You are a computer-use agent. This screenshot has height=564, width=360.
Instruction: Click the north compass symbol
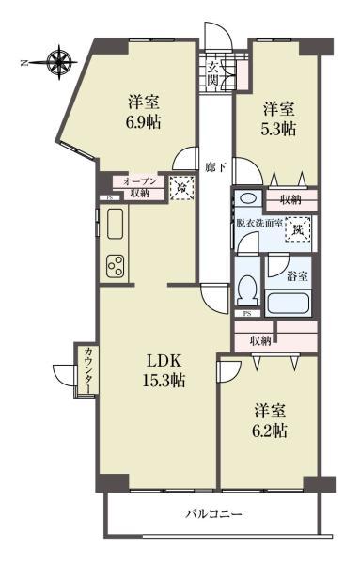click(59, 63)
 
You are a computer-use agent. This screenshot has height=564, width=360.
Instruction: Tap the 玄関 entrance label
click(214, 72)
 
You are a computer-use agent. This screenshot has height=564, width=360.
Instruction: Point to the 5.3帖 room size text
click(279, 129)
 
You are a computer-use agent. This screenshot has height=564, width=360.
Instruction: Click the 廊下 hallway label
click(214, 167)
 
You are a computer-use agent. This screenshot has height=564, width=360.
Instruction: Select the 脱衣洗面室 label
click(259, 224)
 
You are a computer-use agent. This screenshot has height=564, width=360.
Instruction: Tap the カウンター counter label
click(87, 369)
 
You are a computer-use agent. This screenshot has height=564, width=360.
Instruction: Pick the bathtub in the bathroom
click(291, 304)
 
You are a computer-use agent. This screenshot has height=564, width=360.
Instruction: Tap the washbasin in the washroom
click(246, 198)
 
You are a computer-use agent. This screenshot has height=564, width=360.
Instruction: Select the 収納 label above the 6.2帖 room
click(261, 340)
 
